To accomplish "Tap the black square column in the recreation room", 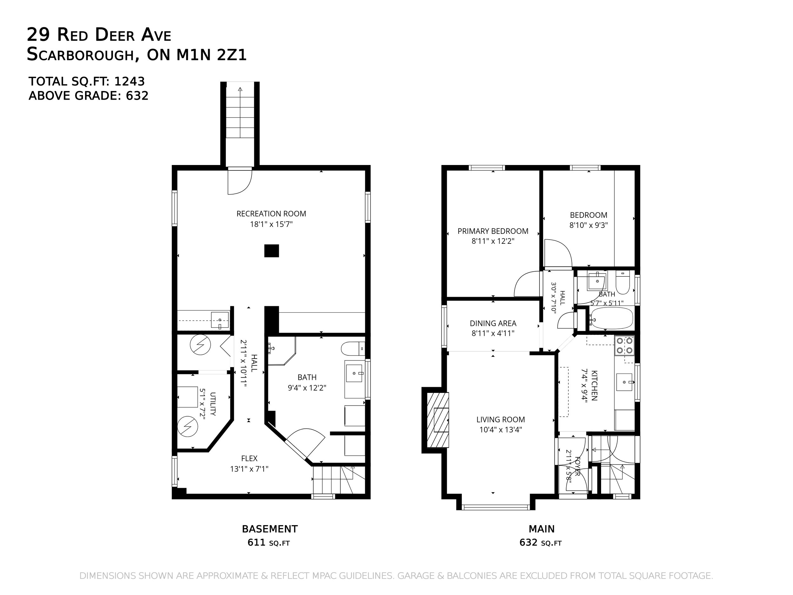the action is pos(272,251).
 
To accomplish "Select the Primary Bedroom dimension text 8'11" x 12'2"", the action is pos(493,241).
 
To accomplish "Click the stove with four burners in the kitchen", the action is pos(624,345).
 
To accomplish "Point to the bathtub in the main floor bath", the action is pos(611,318).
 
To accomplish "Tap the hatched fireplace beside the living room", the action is pos(438,420).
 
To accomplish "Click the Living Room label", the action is pos(501,419).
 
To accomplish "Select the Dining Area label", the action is pos(493,323).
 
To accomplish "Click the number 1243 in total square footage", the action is pos(129,82).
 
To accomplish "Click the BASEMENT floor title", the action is pos(270,529).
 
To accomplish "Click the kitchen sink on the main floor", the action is pos(624,382).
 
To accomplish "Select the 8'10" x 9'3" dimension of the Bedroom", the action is pos(589,225).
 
